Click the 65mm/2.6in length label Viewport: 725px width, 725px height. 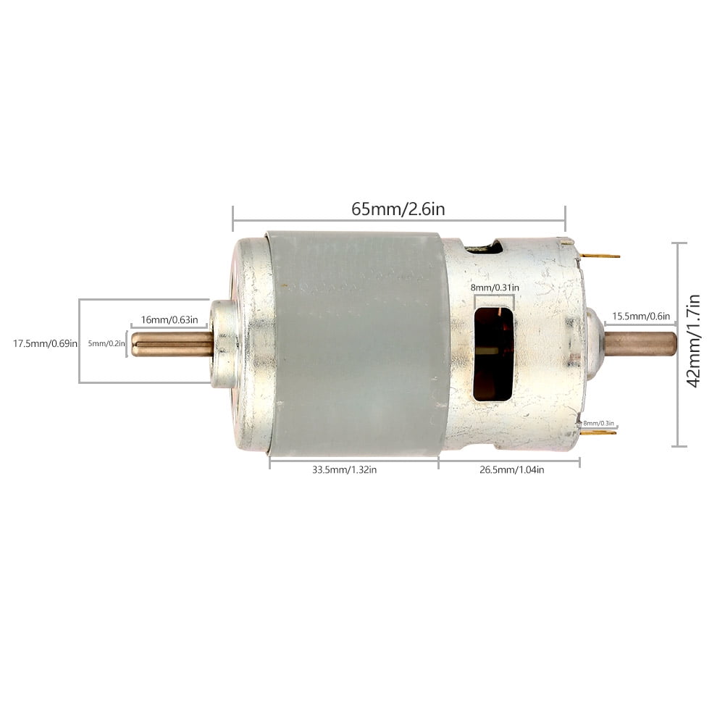pos(398,209)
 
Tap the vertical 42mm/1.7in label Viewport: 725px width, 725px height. pos(694,340)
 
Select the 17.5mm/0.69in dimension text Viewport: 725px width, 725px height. pos(45,343)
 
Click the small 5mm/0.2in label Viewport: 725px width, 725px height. pos(106,343)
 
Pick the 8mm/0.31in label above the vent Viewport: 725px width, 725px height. pos(495,288)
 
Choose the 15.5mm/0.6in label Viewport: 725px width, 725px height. pos(641,316)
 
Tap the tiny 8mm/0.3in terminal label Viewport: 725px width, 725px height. pos(598,423)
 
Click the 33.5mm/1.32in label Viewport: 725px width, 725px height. pos(344,469)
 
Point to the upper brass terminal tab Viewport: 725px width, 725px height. pos(600,256)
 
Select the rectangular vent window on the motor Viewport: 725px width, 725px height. pos(493,353)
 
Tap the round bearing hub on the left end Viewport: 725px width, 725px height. pos(224,344)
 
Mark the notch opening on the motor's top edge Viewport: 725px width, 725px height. pos(485,248)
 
